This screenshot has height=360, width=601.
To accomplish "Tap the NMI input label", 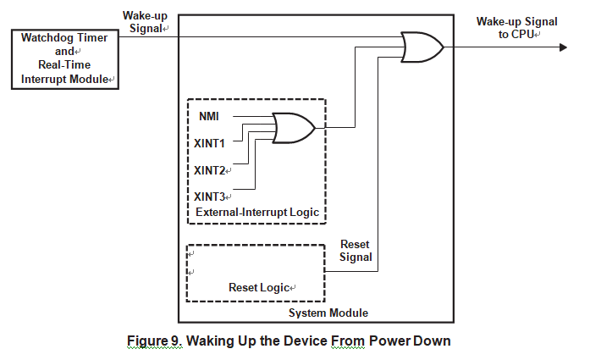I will tap(209, 115).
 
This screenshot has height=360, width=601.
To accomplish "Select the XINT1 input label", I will tap(209, 143).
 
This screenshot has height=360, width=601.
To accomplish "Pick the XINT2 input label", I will tap(209, 170).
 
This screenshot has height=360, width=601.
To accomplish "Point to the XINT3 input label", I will tap(209, 197).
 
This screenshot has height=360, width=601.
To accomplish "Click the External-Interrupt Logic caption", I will tap(256, 212).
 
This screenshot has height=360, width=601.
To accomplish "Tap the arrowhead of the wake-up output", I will tap(560, 47).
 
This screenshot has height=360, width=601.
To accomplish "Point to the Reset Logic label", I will tap(258, 288).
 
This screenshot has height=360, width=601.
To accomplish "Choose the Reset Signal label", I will tap(356, 251).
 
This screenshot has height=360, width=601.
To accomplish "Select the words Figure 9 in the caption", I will tap(153, 341).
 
